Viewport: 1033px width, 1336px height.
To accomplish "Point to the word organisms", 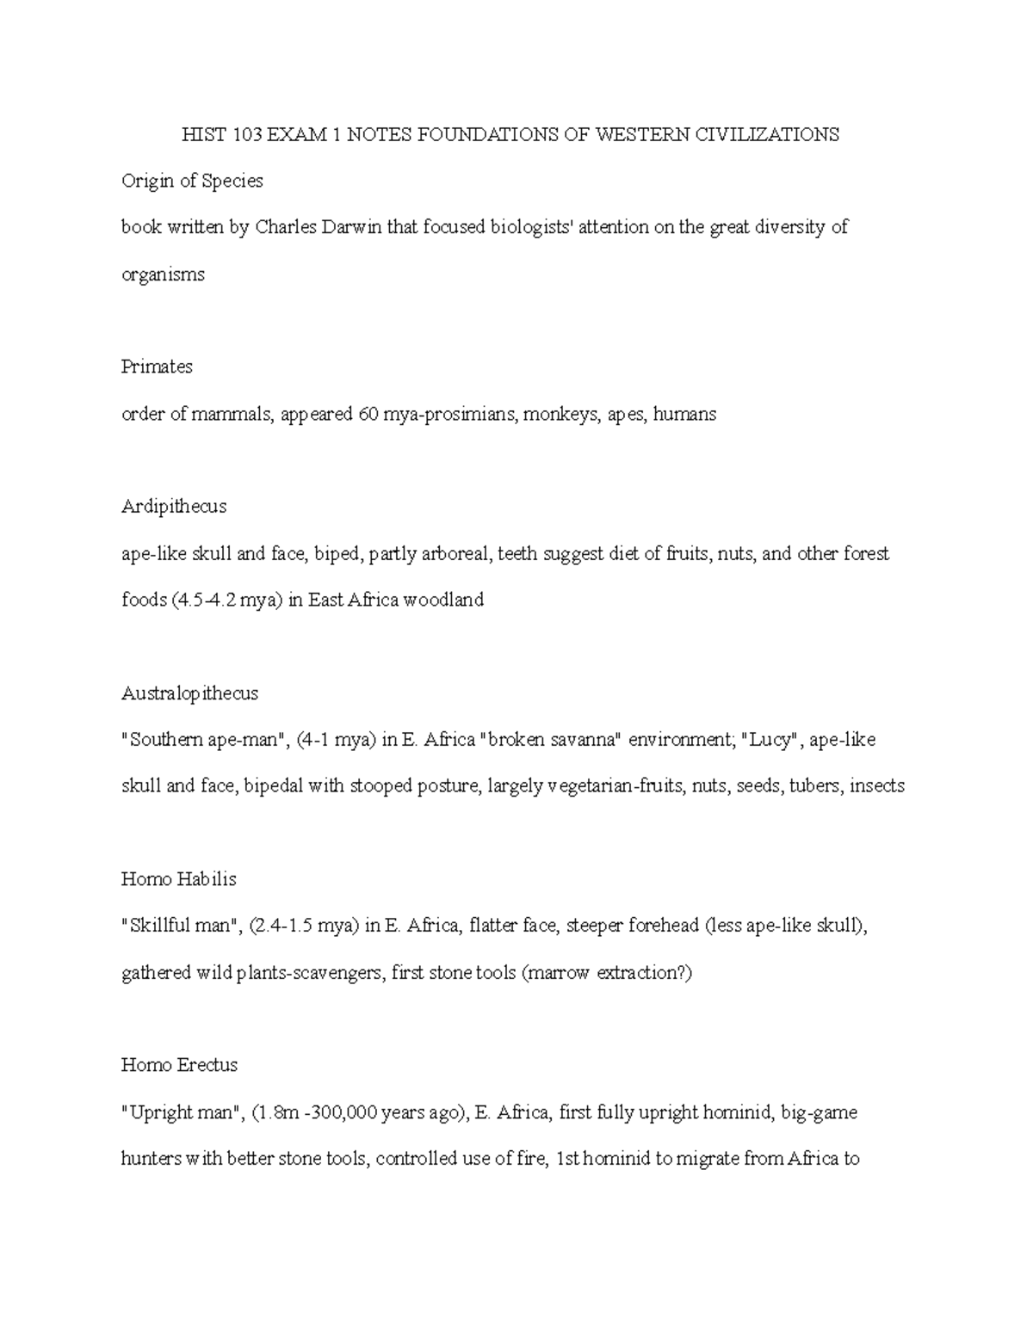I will coord(163,274).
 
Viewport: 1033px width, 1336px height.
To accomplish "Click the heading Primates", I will coord(157,366).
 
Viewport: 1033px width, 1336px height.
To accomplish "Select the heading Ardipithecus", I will coord(174,506).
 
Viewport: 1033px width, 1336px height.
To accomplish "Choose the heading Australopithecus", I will coord(190,693).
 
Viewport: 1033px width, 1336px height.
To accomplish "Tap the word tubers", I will coord(814,785).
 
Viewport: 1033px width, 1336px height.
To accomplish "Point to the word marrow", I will coord(561,973).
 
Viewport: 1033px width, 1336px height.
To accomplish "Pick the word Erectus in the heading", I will coord(207,1065).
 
